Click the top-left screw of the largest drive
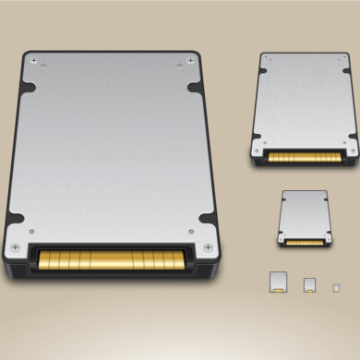(x=35, y=61)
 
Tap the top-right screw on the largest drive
(x=191, y=61)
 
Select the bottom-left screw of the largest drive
(x=16, y=247)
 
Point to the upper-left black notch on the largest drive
(x=27, y=89)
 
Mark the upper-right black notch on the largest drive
(x=198, y=89)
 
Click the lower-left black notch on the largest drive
(x=13, y=220)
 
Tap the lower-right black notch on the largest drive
(x=211, y=220)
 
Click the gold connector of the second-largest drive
(x=306, y=157)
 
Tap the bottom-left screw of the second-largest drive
(x=258, y=150)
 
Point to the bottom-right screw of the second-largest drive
(x=353, y=150)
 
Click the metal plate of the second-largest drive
(x=306, y=102)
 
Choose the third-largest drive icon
(x=305, y=218)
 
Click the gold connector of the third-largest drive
(x=305, y=242)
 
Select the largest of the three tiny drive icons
(x=277, y=282)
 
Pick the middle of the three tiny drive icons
(x=309, y=284)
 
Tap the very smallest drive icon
(x=336, y=286)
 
